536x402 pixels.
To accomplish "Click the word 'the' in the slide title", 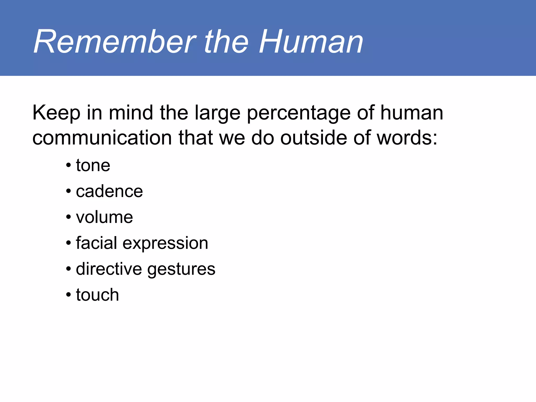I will pyautogui.click(x=226, y=42).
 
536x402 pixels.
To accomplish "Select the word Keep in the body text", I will pyautogui.click(x=56, y=113).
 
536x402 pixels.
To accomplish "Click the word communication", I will pyautogui.click(x=102, y=138).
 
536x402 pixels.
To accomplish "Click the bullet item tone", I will pyautogui.click(x=93, y=166).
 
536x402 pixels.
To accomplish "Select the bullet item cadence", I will pyautogui.click(x=109, y=191).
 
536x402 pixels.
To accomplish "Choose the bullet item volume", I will pyautogui.click(x=104, y=217).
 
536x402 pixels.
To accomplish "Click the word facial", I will pyautogui.click(x=96, y=243).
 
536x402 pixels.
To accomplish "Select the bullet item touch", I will pyautogui.click(x=97, y=295).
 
